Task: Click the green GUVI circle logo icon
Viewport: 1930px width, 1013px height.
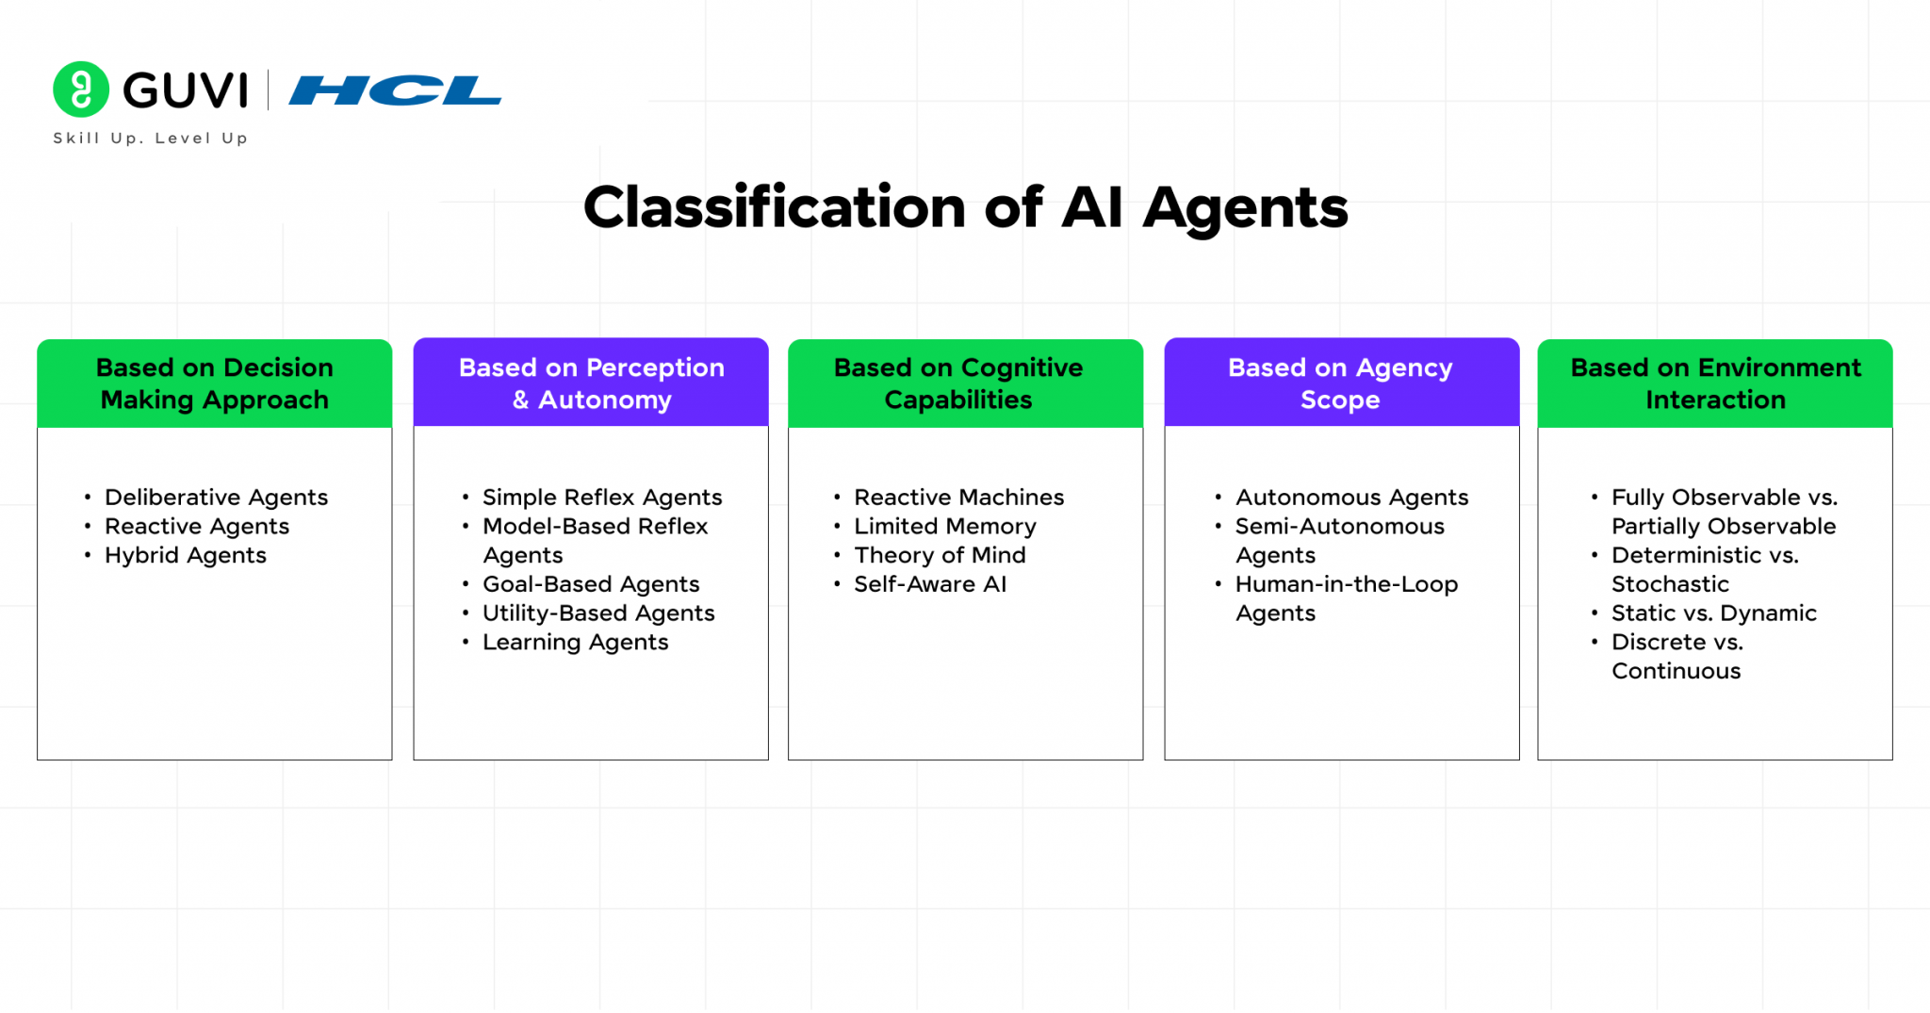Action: (81, 90)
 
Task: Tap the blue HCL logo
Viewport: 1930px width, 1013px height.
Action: (395, 91)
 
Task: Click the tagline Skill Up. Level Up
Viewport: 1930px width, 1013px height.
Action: (151, 139)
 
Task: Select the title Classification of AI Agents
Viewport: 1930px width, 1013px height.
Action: (965, 207)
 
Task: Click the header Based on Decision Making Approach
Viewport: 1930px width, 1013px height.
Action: (215, 384)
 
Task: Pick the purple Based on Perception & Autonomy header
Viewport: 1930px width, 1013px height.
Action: (591, 384)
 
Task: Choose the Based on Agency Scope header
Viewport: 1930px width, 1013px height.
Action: (1341, 384)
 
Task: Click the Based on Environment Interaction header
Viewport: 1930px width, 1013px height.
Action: (1715, 384)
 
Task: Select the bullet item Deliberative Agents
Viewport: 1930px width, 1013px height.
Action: (216, 498)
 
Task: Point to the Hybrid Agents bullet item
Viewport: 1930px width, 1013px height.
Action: (186, 556)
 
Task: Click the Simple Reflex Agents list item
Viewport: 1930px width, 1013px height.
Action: (602, 498)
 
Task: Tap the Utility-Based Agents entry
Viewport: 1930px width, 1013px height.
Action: (598, 613)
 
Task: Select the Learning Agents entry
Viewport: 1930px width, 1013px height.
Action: (575, 643)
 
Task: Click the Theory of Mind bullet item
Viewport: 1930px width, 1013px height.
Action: (940, 556)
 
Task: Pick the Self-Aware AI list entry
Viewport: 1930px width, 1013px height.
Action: (930, 584)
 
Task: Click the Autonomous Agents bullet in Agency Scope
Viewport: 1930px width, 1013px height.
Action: (1351, 498)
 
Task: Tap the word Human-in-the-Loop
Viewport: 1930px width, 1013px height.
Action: (1347, 584)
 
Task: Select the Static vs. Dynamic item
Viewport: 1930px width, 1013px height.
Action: (1713, 613)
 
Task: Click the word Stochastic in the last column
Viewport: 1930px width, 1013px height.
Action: (1670, 584)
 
